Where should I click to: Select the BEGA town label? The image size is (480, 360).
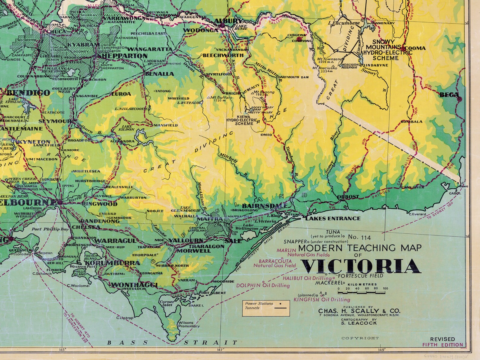449,95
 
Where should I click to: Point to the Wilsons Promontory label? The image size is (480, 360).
189,324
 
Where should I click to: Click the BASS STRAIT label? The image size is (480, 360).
172,342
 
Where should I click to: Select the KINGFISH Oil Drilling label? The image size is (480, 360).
322,300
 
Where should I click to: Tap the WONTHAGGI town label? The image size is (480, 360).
134,285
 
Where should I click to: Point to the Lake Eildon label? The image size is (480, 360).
128,128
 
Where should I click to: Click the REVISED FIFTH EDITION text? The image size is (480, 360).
443,342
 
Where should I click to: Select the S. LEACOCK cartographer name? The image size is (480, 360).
359,323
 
